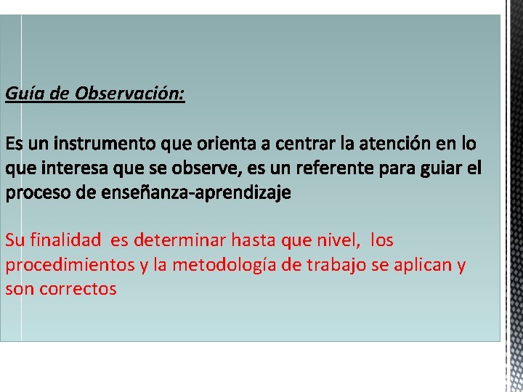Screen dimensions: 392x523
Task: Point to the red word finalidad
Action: (x=68, y=240)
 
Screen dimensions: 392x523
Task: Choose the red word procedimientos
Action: (x=70, y=264)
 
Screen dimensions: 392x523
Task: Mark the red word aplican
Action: (x=426, y=265)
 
